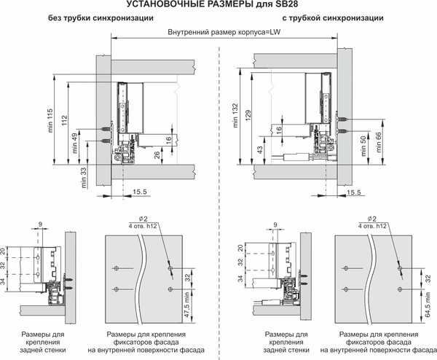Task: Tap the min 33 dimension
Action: (84, 175)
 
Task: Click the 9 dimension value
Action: (41, 224)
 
